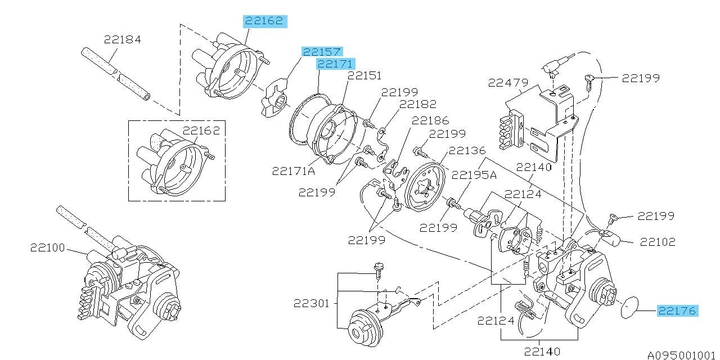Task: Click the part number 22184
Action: pyautogui.click(x=123, y=39)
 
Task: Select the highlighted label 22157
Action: pyautogui.click(x=322, y=52)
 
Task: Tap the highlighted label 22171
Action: pyautogui.click(x=336, y=64)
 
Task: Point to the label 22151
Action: pyautogui.click(x=365, y=75)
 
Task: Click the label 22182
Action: pyautogui.click(x=418, y=104)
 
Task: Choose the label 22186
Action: pyautogui.click(x=430, y=120)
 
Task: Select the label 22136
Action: pyautogui.click(x=467, y=150)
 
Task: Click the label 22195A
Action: pyautogui.click(x=474, y=175)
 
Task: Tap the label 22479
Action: pyautogui.click(x=508, y=83)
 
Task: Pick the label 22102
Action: pyautogui.click(x=658, y=242)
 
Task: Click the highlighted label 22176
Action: pyautogui.click(x=678, y=311)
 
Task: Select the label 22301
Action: pyautogui.click(x=312, y=303)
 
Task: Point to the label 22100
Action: pyautogui.click(x=48, y=247)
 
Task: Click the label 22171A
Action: pyautogui.click(x=294, y=171)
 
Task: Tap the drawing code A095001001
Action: pyautogui.click(x=683, y=355)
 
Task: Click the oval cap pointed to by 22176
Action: pyautogui.click(x=629, y=308)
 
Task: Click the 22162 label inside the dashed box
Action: pyautogui.click(x=201, y=130)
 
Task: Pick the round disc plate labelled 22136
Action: pyautogui.click(x=425, y=187)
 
